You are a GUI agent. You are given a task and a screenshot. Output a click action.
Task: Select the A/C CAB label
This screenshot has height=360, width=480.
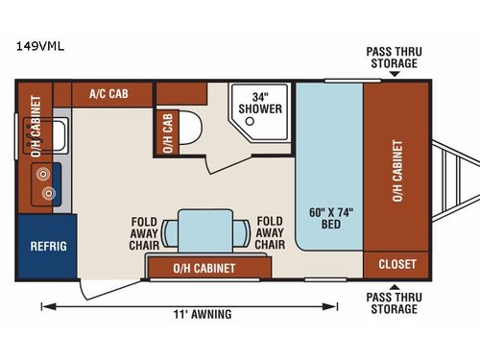click(x=108, y=93)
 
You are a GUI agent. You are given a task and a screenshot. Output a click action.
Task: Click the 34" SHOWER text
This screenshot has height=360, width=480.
click(x=266, y=102)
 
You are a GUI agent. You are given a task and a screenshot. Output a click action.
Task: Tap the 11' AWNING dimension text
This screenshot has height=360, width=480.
click(x=204, y=314)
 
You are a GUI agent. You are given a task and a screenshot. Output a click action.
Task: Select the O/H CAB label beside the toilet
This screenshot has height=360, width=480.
click(x=167, y=135)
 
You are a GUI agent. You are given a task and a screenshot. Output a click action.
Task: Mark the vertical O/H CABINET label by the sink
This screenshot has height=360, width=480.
click(x=36, y=125)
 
